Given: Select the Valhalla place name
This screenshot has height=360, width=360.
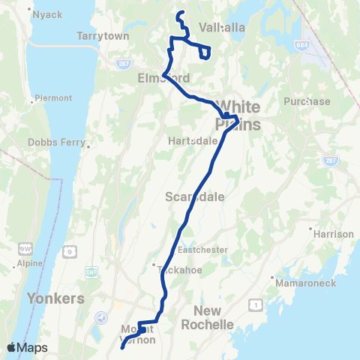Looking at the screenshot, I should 223,28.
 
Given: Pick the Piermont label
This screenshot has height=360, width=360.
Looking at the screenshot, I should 52,97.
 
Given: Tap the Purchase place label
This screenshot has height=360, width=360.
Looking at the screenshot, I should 307,101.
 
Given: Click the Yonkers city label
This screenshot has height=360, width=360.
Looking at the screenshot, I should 55,298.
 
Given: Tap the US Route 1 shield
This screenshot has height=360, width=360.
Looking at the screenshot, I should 257,302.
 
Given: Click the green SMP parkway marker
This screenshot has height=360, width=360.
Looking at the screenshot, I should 92,271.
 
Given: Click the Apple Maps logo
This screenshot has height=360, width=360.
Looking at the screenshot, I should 27,347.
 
